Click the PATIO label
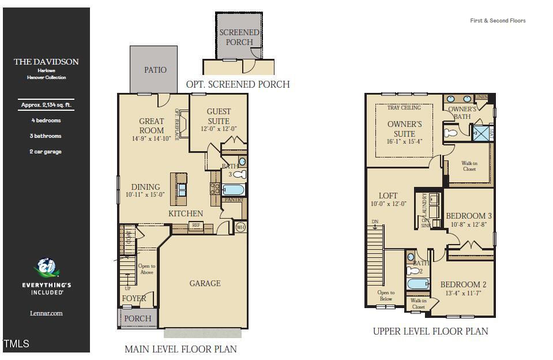pos(155,70)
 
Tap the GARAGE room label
pos(205,283)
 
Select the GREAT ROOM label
pos(152,126)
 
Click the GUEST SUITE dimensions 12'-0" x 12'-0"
pos(219,129)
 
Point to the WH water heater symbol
pos(240,227)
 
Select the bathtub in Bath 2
pos(418,284)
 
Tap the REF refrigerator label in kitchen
pos(196,226)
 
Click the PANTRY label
pos(234,200)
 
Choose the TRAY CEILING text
pos(404,108)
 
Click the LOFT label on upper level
pos(388,196)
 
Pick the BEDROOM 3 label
pos(469,216)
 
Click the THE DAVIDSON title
pos(46,62)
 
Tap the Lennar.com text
pos(46,313)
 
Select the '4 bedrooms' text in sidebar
pos(46,121)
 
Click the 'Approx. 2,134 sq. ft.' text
pos(46,105)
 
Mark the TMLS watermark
pos(16,344)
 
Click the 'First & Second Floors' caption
pos(498,21)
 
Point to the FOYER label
pos(134,299)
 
